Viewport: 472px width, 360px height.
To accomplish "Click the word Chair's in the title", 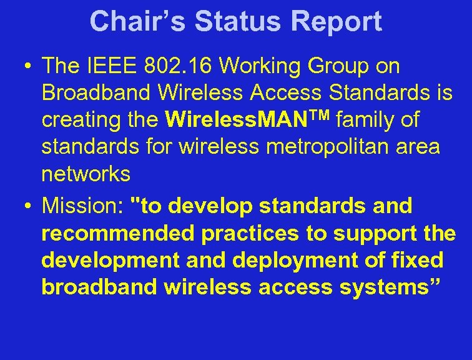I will (x=137, y=22).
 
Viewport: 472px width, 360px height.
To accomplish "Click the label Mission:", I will (x=83, y=205).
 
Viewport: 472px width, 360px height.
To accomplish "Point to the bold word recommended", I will (x=118, y=232).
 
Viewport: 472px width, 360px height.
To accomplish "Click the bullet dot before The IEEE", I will (x=29, y=66).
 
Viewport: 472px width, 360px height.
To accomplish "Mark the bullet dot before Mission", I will (x=29, y=205).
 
